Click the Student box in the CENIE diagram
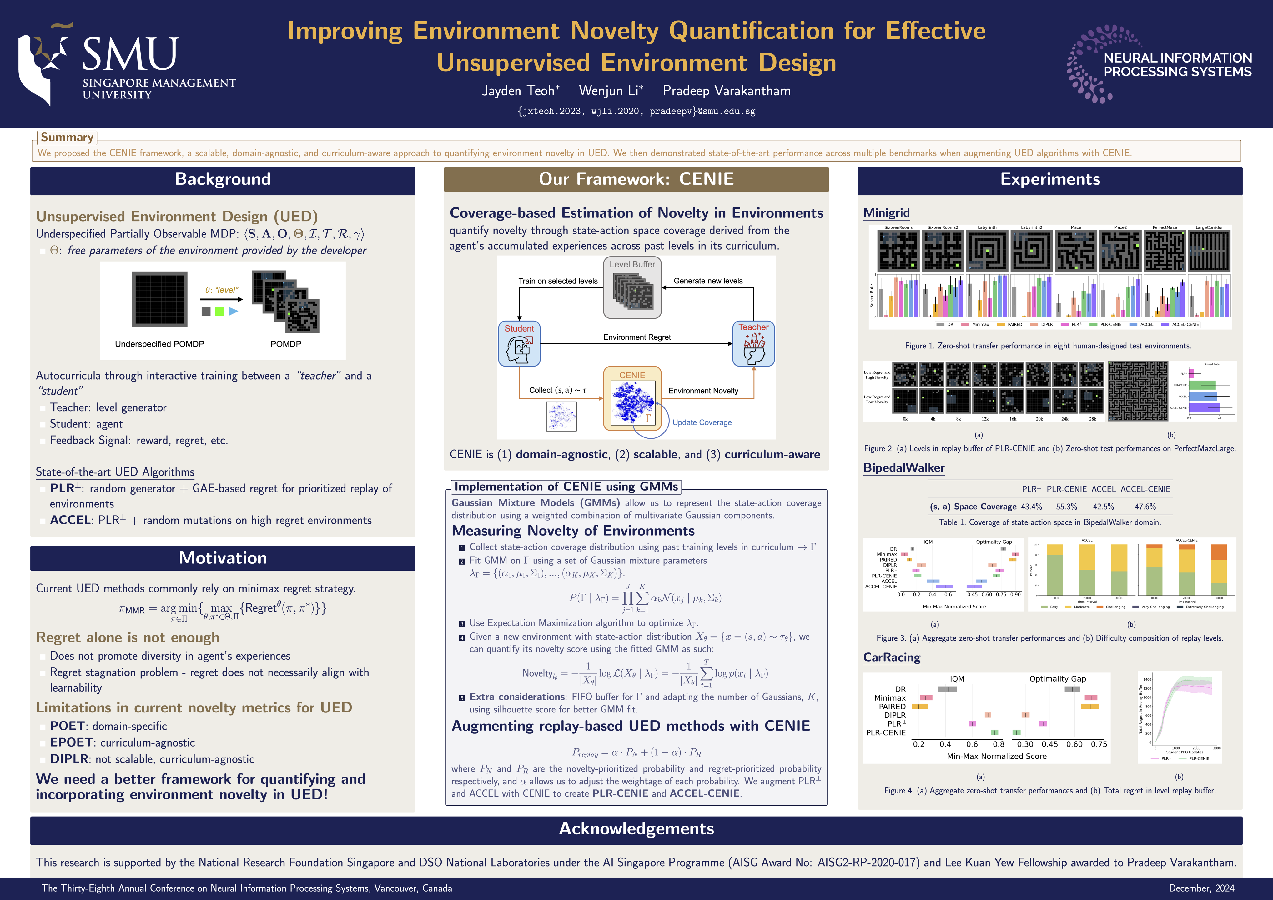tap(519, 344)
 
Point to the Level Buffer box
tap(632, 287)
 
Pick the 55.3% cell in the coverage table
tap(1066, 507)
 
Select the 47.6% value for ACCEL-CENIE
tap(1145, 507)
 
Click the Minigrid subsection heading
tap(886, 213)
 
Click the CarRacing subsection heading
tap(892, 657)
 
